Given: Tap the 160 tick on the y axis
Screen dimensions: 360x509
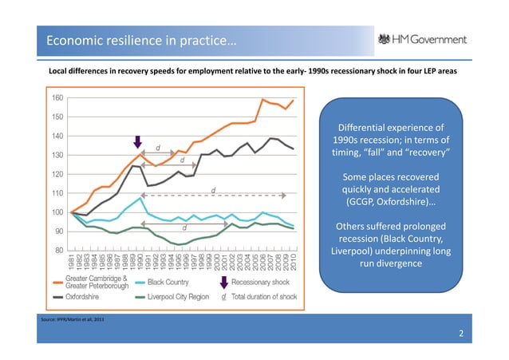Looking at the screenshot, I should click(x=58, y=97).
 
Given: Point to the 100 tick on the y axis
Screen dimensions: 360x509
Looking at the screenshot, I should click(x=58, y=212).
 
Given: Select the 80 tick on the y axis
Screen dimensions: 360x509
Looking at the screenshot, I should click(x=58, y=251).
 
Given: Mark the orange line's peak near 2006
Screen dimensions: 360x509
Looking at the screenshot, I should click(x=262, y=99).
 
